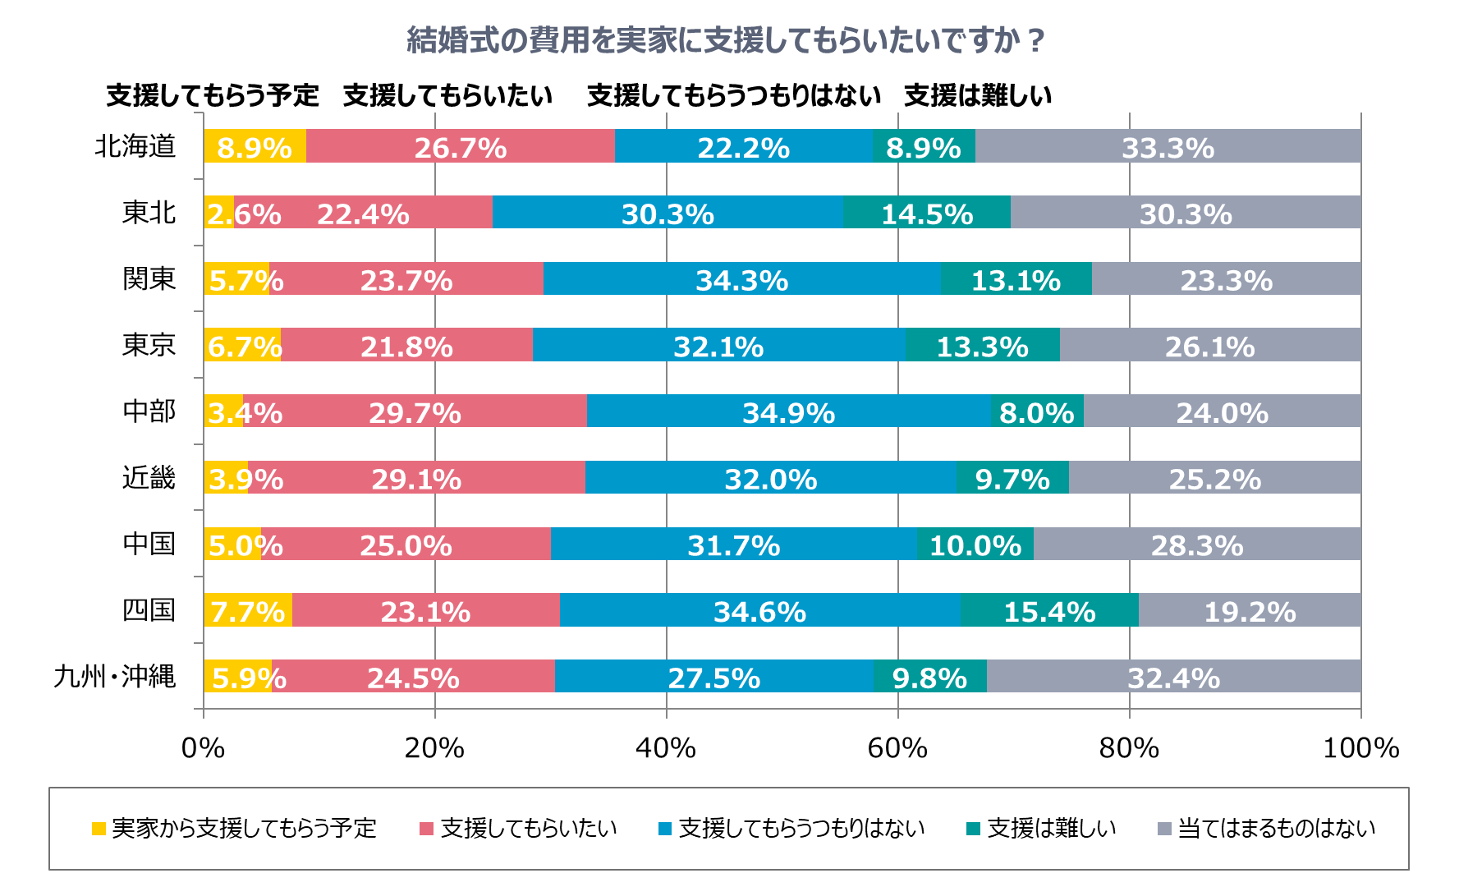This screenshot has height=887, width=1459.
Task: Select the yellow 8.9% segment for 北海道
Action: pyautogui.click(x=255, y=146)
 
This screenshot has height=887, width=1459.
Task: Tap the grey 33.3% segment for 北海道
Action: pyautogui.click(x=1168, y=146)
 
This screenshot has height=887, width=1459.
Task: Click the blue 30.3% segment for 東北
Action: pyautogui.click(x=668, y=213)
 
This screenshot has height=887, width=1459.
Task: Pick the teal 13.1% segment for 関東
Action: pyautogui.click(x=1016, y=279)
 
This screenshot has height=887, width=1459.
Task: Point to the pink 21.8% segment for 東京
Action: pyautogui.click(x=406, y=345)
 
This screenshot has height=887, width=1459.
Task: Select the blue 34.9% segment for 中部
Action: pyautogui.click(x=788, y=411)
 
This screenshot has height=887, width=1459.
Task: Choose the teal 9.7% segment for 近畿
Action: pyautogui.click(x=1012, y=478)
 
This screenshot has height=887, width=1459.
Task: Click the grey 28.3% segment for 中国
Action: pyautogui.click(x=1197, y=545)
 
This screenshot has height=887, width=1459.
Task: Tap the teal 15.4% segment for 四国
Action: pyautogui.click(x=1049, y=610)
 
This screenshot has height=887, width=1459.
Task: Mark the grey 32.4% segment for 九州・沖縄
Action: pyautogui.click(x=1173, y=677)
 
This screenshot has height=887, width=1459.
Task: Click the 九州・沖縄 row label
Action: pyautogui.click(x=115, y=677)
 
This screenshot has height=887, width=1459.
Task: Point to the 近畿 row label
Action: pyautogui.click(x=149, y=478)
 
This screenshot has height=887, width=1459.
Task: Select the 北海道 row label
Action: pyautogui.click(x=135, y=146)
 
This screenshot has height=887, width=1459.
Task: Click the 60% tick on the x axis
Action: pyautogui.click(x=897, y=748)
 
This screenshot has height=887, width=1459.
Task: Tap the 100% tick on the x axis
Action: pyautogui.click(x=1360, y=748)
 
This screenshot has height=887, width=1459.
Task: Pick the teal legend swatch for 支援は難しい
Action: pyautogui.click(x=974, y=829)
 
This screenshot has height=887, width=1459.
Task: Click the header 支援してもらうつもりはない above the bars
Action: pyautogui.click(x=734, y=96)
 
